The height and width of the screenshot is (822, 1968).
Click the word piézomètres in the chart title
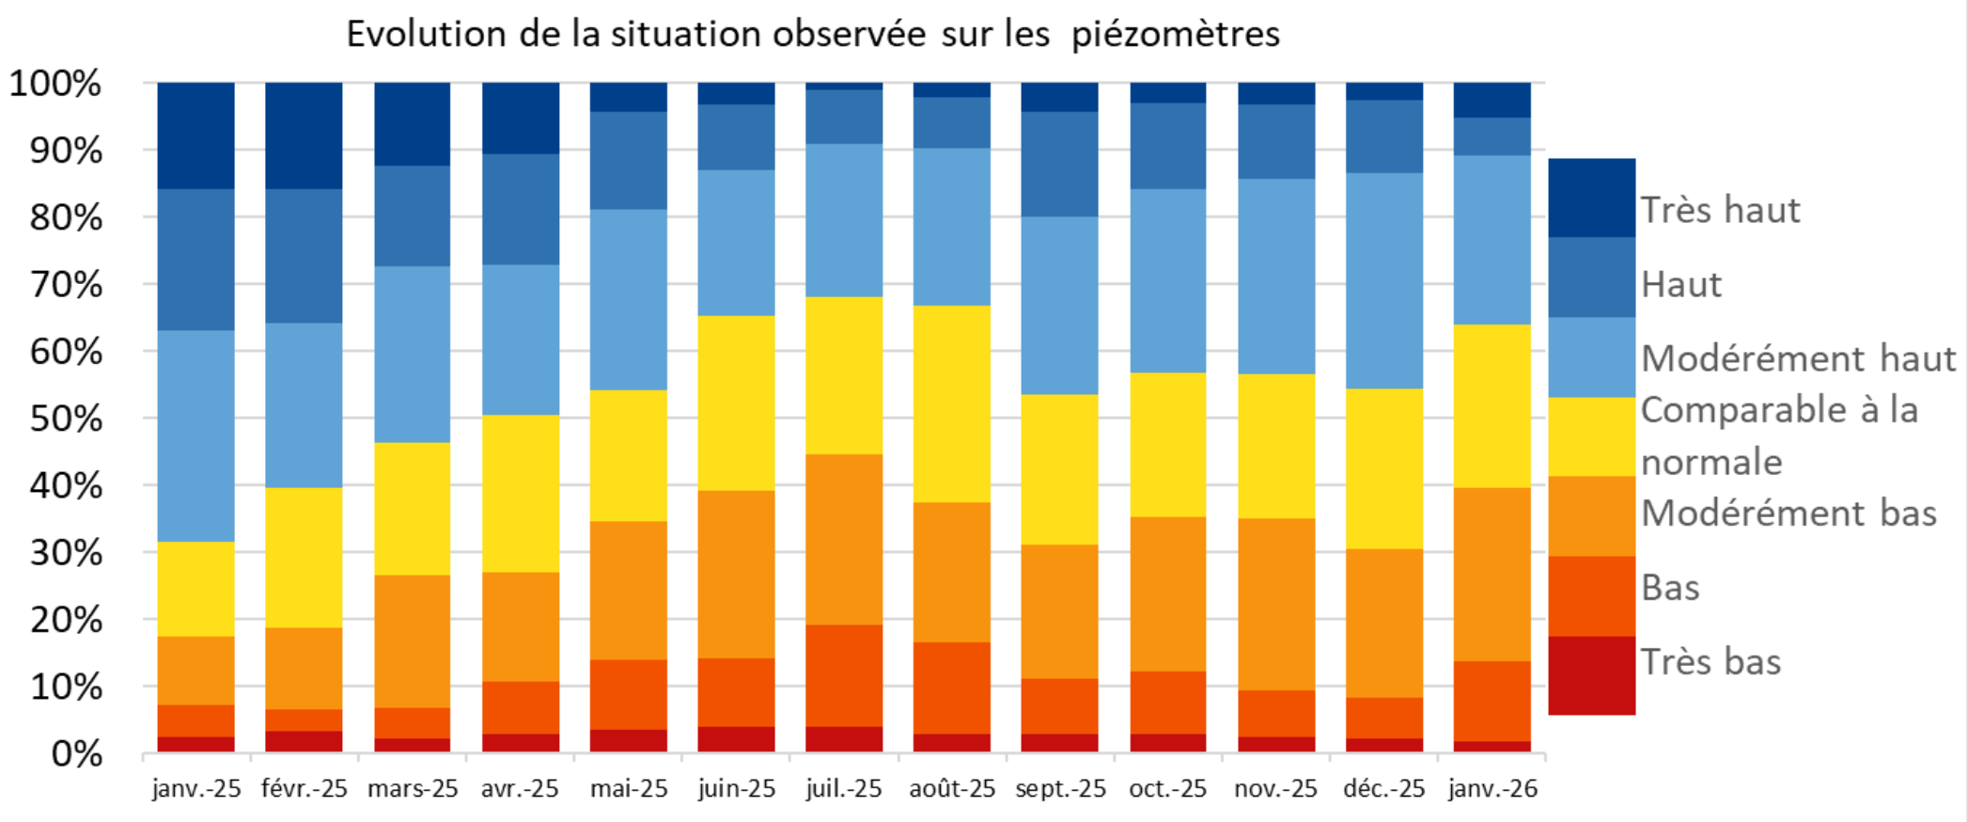(1175, 35)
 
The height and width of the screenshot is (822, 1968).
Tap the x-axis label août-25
(951, 788)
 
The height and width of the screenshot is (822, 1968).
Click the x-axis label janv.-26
(1492, 788)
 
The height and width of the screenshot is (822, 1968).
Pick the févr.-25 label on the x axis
(304, 788)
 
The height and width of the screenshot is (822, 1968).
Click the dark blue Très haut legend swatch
(1591, 198)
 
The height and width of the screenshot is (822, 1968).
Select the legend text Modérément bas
(1788, 514)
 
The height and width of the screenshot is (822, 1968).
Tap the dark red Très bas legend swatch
(1591, 675)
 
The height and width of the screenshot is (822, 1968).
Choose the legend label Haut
(1681, 284)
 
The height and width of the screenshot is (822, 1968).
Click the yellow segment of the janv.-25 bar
(195, 589)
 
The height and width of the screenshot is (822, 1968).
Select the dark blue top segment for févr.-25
(304, 134)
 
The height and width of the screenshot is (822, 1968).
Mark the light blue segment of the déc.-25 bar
(1383, 280)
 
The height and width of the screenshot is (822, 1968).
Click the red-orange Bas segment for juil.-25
(844, 675)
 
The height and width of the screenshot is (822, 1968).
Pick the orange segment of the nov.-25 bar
(1275, 604)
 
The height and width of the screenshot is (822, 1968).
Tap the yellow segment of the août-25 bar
(951, 404)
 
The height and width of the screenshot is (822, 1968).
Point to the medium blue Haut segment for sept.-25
(1059, 165)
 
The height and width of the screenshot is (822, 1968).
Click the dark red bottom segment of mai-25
(628, 741)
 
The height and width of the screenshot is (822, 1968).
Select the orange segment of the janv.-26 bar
(1492, 574)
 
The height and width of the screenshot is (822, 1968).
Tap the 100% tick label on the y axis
(55, 84)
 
